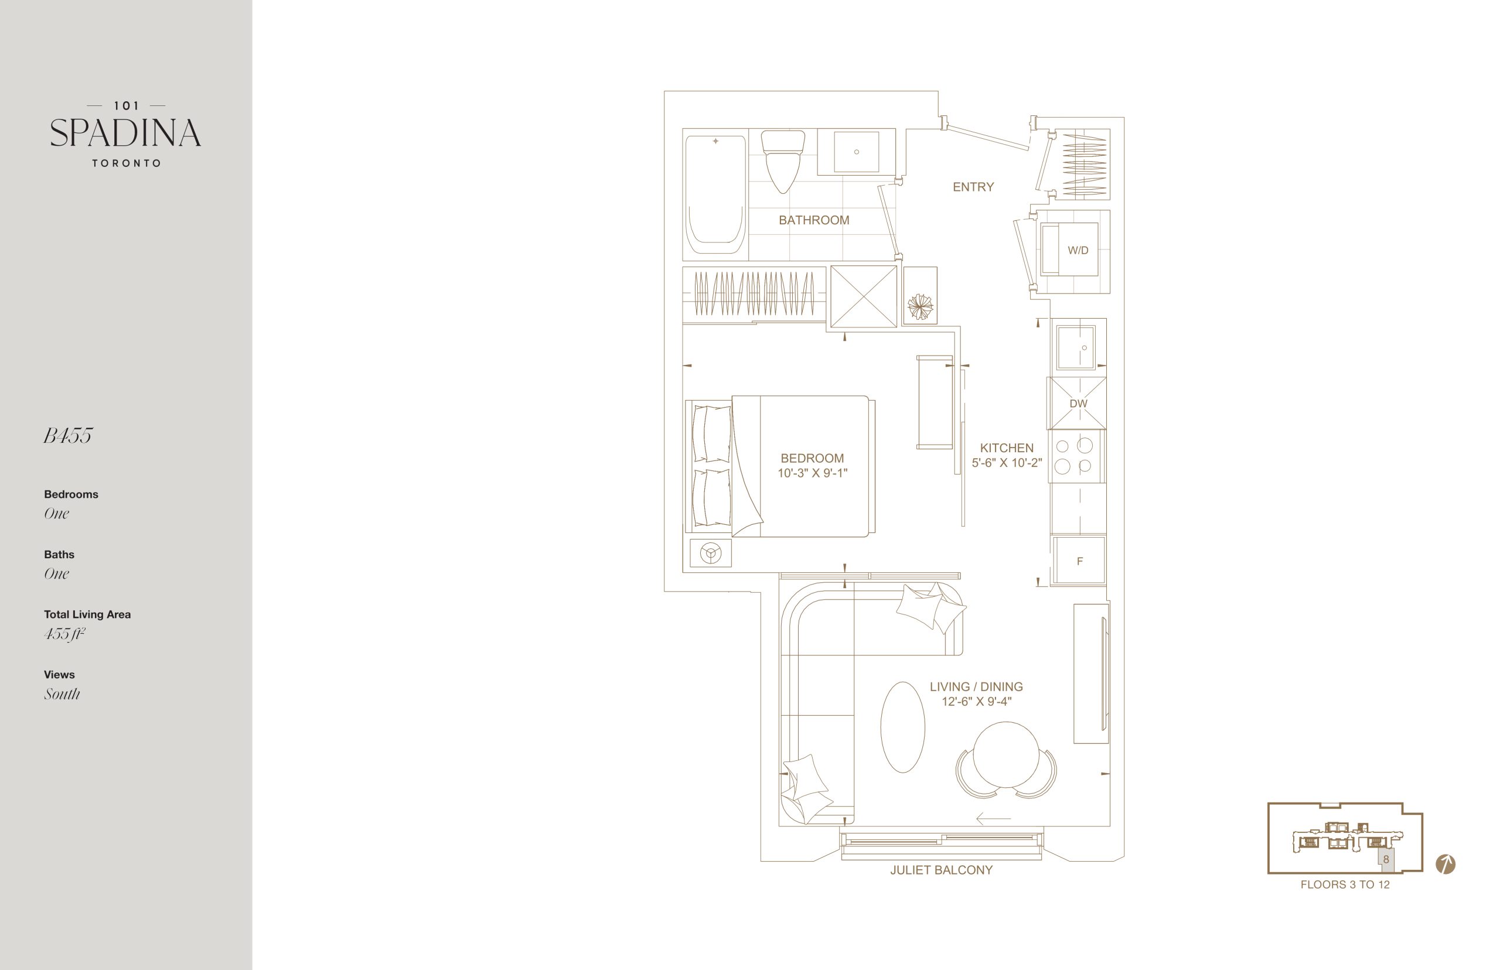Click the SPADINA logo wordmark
[125, 133]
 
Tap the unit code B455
[68, 435]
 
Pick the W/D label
[1078, 250]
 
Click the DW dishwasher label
[1078, 403]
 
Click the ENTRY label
[973, 187]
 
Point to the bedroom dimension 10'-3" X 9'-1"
[812, 473]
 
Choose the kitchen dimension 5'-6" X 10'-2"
[1007, 462]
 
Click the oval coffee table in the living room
[903, 727]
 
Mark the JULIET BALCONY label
[941, 870]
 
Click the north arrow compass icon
[1445, 864]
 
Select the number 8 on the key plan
[1386, 859]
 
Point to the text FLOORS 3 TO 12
[1345, 884]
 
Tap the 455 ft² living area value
[64, 634]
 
